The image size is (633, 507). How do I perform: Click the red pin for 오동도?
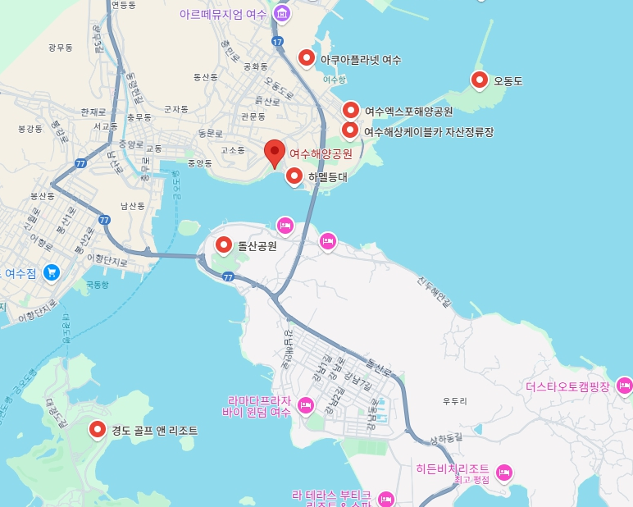tap(480, 79)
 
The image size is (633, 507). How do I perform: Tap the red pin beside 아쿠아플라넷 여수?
tap(307, 57)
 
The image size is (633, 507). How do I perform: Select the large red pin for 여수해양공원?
tap(276, 152)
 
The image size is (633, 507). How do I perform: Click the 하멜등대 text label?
tap(327, 176)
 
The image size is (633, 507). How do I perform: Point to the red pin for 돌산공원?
tap(223, 244)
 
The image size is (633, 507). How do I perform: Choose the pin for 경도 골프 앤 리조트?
tap(98, 428)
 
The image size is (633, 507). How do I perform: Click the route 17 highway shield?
tap(279, 41)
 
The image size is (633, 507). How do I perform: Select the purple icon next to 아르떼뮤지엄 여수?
tap(282, 13)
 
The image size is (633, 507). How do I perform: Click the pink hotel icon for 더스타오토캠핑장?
tap(624, 385)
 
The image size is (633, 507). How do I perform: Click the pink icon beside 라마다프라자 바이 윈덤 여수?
tap(306, 404)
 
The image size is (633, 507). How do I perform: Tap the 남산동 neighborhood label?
tap(132, 206)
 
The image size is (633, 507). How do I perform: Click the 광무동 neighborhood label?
tap(61, 48)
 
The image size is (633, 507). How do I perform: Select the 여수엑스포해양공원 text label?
tap(408, 111)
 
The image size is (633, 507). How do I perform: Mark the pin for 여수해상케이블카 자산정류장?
tap(350, 130)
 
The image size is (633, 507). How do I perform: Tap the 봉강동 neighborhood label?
tap(30, 129)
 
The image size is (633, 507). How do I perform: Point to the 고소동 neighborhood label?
tap(233, 150)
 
